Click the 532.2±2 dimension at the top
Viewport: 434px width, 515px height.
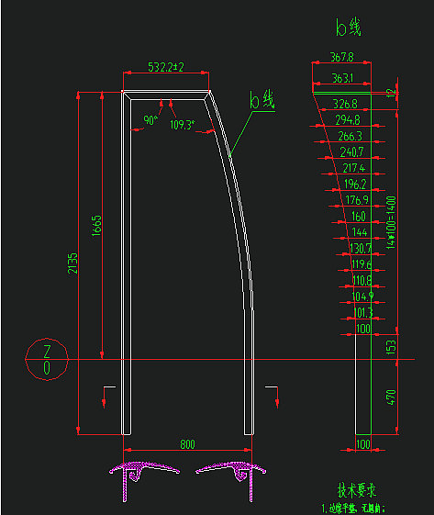point(166,67)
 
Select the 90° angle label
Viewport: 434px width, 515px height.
point(150,120)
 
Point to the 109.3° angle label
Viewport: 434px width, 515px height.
point(183,125)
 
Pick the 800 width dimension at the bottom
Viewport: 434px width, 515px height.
point(187,444)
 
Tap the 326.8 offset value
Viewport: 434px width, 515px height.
point(345,104)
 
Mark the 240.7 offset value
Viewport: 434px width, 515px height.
point(351,151)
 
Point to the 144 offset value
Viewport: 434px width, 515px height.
point(359,233)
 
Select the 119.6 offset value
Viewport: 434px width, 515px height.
point(361,264)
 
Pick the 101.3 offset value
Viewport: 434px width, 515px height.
point(363,313)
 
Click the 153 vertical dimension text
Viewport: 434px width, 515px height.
point(391,345)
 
